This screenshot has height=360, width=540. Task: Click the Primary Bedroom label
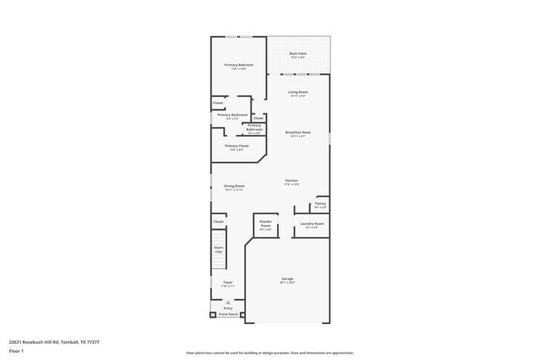238,65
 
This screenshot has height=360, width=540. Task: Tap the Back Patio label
298,54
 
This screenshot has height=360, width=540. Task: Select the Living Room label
298,93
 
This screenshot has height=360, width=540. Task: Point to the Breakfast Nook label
298,133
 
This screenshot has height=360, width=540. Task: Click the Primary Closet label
237,146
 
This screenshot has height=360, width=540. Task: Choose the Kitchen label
291,181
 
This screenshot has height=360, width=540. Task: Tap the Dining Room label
235,186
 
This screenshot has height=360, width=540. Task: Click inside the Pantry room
320,205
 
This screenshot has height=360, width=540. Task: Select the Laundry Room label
313,224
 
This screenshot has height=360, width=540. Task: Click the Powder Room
266,224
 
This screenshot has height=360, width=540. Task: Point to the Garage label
287,279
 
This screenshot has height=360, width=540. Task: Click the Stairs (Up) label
218,250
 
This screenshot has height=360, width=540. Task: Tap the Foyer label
228,283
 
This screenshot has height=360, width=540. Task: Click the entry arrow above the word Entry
228,303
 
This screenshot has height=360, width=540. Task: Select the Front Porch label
228,315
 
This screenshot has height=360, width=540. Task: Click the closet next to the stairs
218,221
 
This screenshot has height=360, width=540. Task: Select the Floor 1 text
16,351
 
